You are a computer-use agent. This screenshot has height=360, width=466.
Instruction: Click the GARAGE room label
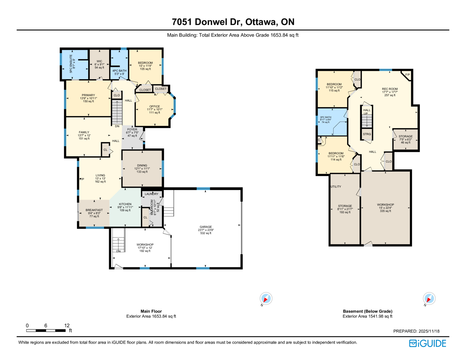tap(206, 227)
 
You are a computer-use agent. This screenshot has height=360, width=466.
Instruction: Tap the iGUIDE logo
tap(427, 343)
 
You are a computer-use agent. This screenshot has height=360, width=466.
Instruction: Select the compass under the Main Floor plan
tap(266, 299)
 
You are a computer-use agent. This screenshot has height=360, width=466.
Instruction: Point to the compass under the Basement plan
tap(429, 299)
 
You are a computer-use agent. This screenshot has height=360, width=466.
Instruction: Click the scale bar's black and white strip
tap(46, 331)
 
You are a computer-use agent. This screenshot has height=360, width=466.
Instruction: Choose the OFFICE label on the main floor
tap(155, 106)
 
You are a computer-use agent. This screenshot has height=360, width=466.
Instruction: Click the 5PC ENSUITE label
tap(71, 64)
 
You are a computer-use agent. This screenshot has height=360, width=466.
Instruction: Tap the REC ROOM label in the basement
tap(390, 89)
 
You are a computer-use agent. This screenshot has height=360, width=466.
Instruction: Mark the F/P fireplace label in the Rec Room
tap(407, 75)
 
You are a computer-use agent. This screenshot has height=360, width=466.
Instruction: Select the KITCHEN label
tap(125, 204)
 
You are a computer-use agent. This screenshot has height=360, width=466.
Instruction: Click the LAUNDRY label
tap(151, 194)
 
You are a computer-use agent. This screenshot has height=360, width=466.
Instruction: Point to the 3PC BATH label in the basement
tap(326, 117)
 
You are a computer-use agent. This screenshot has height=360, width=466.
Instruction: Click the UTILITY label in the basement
tap(336, 187)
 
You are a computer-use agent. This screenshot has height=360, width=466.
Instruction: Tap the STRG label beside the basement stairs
tap(367, 134)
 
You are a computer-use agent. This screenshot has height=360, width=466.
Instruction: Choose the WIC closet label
tap(99, 61)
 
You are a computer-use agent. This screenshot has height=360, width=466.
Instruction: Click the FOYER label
tap(132, 130)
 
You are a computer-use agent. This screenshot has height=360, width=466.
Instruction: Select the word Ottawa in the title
tap(261, 22)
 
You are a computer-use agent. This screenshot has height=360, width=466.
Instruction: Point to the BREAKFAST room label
tap(94, 210)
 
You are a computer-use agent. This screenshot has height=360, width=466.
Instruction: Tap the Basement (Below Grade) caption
tap(368, 311)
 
